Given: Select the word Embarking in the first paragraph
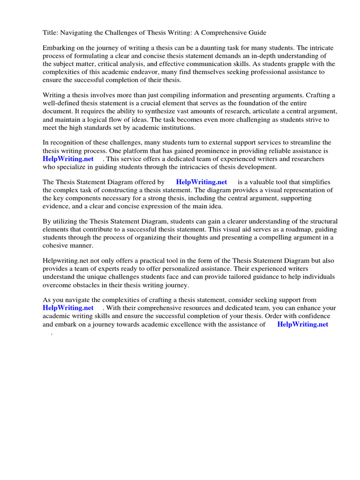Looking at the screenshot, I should pyautogui.click(x=60, y=48).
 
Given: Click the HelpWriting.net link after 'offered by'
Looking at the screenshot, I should pyautogui.click(x=202, y=182).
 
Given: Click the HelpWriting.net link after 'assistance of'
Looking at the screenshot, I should pyautogui.click(x=303, y=324).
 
